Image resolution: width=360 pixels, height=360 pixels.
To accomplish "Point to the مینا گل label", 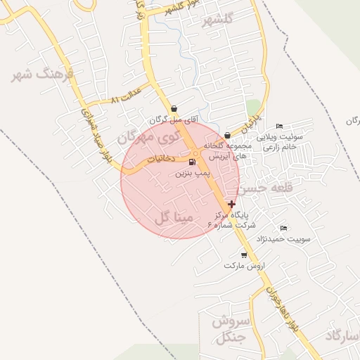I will [173, 218].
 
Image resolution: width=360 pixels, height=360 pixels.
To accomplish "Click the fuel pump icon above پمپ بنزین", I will [192, 162].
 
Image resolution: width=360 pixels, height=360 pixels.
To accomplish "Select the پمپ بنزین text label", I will [192, 172].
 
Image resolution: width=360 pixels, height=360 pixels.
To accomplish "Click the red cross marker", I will [231, 203].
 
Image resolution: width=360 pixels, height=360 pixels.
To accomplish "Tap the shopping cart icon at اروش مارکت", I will [244, 255].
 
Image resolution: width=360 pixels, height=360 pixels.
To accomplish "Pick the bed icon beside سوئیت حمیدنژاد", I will [283, 229].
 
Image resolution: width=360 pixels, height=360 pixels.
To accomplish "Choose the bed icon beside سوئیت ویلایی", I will [280, 125].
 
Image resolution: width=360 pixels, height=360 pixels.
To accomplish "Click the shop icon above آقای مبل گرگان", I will [174, 109].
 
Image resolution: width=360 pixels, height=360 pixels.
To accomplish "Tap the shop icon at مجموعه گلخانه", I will [227, 135].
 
